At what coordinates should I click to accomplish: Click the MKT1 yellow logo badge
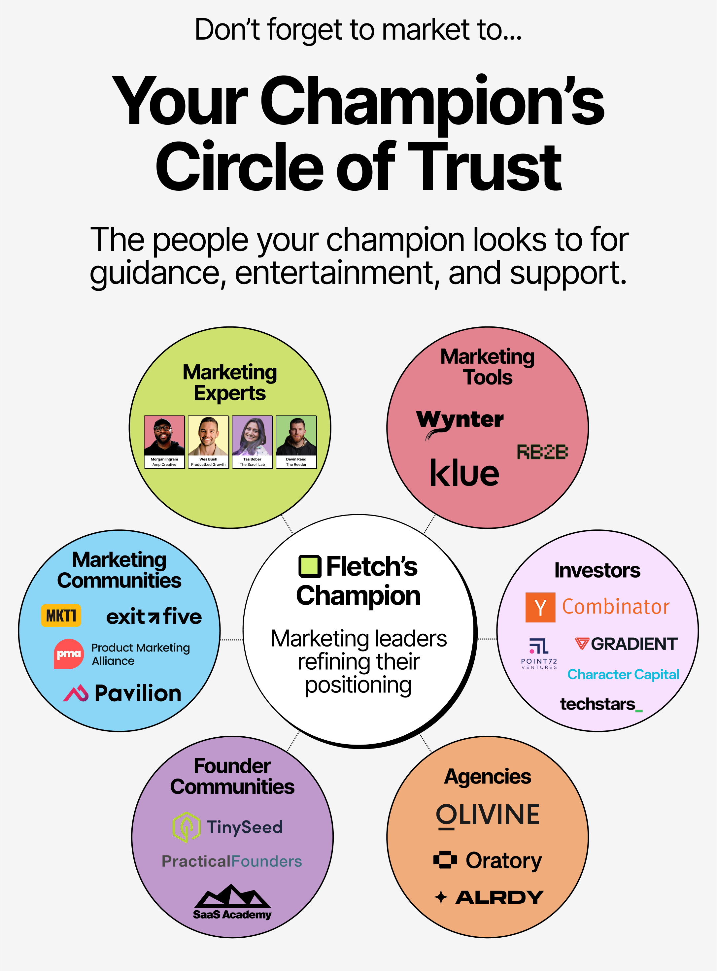coord(61,615)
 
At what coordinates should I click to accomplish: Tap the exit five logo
coord(154,616)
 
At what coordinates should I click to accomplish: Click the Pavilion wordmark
coord(138,693)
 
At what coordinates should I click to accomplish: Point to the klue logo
coord(464,473)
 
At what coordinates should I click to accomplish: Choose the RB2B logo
coord(542,452)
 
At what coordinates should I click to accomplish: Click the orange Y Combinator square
coord(540,607)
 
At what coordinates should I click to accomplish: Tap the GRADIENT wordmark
coord(634,644)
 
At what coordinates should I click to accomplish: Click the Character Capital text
coord(623,674)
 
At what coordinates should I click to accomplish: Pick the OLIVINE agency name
coord(488,815)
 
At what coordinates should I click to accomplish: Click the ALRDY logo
coord(499,897)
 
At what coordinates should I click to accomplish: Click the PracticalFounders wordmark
coord(232,861)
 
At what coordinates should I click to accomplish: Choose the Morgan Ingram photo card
coord(164,442)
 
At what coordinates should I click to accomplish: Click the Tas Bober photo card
coord(252,442)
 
